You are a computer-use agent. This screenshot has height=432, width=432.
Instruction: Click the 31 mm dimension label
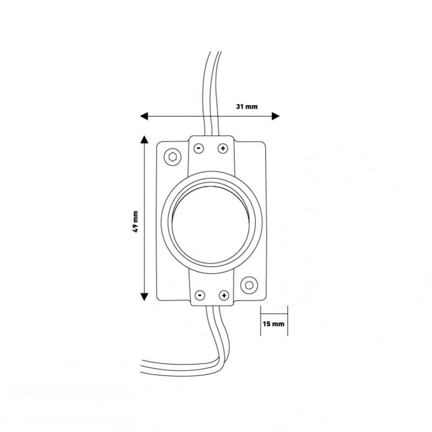pyautogui.click(x=247, y=106)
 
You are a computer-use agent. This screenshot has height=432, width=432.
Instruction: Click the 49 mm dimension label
pyautogui.click(x=136, y=221)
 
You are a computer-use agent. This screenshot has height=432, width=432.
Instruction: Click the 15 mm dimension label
pyautogui.click(x=273, y=323)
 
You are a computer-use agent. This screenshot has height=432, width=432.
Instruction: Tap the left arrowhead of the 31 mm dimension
pyautogui.click(x=144, y=116)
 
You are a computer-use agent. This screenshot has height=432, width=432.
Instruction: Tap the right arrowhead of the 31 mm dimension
pyautogui.click(x=276, y=116)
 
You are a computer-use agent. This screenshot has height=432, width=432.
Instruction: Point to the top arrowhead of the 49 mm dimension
pyautogui.click(x=144, y=140)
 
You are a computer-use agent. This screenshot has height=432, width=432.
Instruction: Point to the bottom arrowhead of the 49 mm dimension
pyautogui.click(x=144, y=296)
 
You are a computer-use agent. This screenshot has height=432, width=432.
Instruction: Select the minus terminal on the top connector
pyautogui.click(x=199, y=148)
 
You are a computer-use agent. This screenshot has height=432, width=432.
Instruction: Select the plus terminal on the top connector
pyautogui.click(x=223, y=148)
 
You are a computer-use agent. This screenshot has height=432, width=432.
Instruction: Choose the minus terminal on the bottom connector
pyautogui.click(x=200, y=295)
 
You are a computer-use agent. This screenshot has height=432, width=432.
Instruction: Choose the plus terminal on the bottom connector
pyautogui.click(x=224, y=295)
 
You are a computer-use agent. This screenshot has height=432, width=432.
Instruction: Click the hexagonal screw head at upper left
pyautogui.click(x=173, y=157)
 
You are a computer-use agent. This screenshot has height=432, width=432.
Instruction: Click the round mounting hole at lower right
pyautogui.click(x=249, y=285)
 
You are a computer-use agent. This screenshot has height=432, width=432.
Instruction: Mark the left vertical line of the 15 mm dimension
pyautogui.click(x=261, y=321)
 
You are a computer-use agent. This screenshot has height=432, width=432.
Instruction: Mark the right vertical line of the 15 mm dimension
pyautogui.click(x=288, y=321)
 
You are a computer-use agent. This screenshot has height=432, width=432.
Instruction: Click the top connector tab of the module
pyautogui.click(x=211, y=154)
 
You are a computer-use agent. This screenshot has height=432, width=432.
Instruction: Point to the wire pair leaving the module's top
pyautogui.click(x=212, y=93)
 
